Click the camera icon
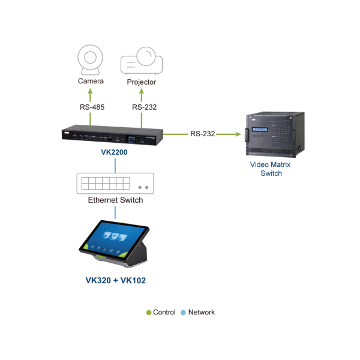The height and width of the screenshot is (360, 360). (x=91, y=60)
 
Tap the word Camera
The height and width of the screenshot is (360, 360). (x=91, y=82)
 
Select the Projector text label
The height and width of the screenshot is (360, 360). (x=142, y=82)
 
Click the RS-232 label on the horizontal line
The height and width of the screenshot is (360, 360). (x=203, y=134)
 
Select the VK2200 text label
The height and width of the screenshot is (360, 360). (x=114, y=153)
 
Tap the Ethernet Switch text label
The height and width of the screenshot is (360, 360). (x=115, y=200)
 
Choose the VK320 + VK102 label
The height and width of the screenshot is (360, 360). (x=115, y=279)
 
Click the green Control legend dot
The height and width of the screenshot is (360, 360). (x=149, y=313)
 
